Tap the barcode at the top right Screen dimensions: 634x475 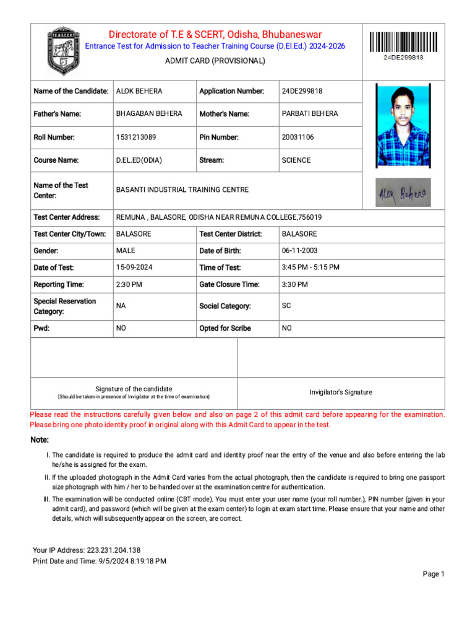pyautogui.click(x=403, y=42)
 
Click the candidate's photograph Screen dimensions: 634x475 pyautogui.click(x=403, y=126)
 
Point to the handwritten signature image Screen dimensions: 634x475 pyautogui.click(x=403, y=193)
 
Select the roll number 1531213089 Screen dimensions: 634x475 pyautogui.click(x=136, y=137)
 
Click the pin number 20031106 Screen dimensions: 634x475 pyautogui.click(x=298, y=137)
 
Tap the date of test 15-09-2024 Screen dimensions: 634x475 pyautogui.click(x=134, y=267)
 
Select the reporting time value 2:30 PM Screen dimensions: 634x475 pyautogui.click(x=129, y=284)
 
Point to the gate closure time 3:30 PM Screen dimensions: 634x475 pyautogui.click(x=295, y=284)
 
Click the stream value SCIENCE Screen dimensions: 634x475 pyautogui.click(x=296, y=160)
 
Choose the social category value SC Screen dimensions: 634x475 pyautogui.click(x=286, y=306)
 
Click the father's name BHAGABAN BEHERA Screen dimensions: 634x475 pyautogui.click(x=149, y=114)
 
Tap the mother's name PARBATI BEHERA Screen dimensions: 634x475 pyautogui.click(x=310, y=114)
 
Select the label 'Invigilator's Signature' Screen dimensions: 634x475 pyautogui.click(x=341, y=392)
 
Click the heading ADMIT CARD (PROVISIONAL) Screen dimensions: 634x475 pyautogui.click(x=215, y=61)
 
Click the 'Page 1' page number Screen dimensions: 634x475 pyautogui.click(x=434, y=574)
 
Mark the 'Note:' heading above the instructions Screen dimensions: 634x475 pyautogui.click(x=40, y=440)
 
